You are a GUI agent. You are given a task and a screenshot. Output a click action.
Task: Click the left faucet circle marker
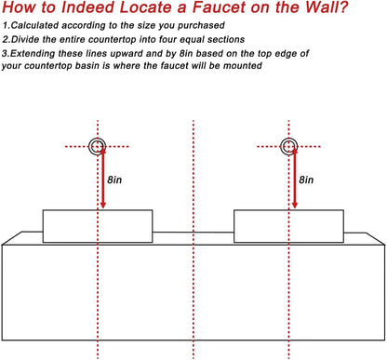coord(97,146)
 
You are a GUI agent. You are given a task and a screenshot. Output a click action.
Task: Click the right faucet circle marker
coord(288,146)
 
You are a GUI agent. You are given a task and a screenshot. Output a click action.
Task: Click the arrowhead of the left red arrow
coord(98,204)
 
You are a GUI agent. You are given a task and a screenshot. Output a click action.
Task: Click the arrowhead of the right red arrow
coord(289,204)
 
